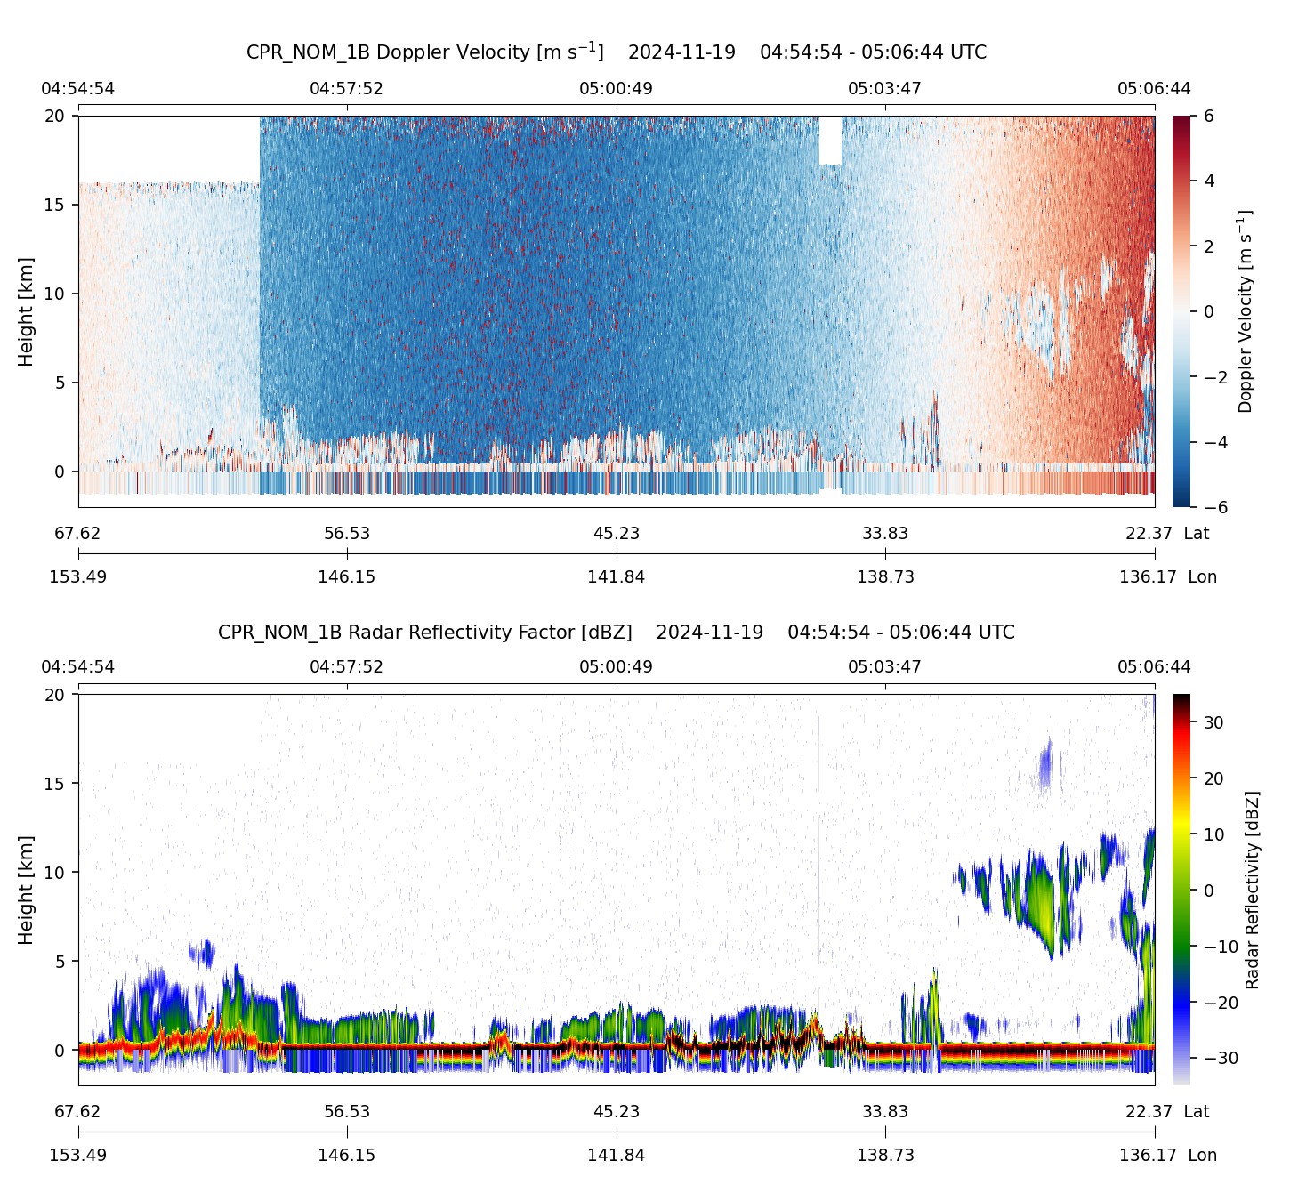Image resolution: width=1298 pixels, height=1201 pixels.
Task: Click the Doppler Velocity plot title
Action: [616, 52]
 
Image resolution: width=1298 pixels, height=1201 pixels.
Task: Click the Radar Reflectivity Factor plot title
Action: [616, 633]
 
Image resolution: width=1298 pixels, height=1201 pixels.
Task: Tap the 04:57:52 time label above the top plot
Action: [346, 89]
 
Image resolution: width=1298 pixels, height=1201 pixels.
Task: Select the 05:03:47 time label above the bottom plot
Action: [884, 667]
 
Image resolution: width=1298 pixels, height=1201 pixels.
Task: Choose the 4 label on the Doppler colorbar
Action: [1210, 181]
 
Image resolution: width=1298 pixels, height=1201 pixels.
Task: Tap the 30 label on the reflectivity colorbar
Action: [1213, 722]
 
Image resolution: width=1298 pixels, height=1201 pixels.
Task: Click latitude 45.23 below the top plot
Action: [616, 534]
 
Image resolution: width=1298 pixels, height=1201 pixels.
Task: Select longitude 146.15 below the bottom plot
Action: [346, 1156]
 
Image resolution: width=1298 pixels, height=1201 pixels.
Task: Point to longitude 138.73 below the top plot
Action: [884, 577]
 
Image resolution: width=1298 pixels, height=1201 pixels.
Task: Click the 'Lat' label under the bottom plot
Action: [1197, 1112]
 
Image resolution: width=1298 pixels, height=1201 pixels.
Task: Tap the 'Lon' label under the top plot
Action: [1202, 577]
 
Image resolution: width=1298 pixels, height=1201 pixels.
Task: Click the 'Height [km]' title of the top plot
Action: [26, 311]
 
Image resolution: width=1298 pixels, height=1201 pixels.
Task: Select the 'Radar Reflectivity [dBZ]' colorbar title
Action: [1252, 890]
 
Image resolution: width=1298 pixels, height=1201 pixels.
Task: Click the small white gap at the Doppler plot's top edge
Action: [830, 140]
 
